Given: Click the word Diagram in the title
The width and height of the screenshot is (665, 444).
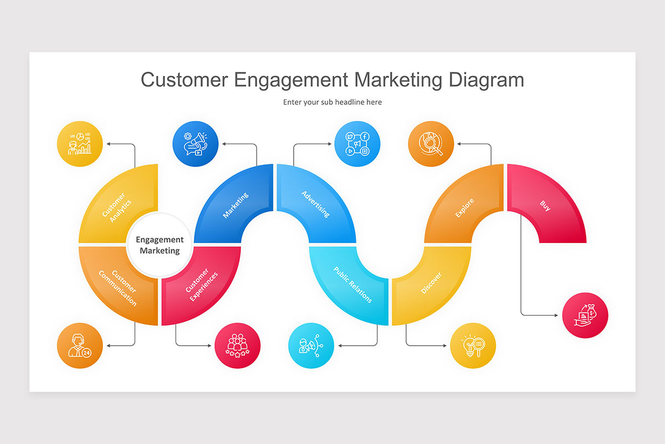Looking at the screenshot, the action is pos(486,80).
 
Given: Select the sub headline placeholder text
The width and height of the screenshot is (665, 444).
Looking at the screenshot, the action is pos(332,102).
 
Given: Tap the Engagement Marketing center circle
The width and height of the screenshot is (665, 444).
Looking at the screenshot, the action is pos(160,245).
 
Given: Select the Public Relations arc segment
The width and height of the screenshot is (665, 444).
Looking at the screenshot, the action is pos(350,285).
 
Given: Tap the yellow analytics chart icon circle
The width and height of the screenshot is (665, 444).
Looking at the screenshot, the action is pos(80,144).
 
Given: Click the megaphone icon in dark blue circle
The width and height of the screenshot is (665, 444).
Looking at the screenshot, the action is pos(195,144).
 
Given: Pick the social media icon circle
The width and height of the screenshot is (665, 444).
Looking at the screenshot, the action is pos(357,144).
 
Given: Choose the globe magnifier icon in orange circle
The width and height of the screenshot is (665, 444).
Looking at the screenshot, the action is pos(431,144).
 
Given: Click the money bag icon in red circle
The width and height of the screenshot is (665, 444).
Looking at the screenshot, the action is pos(585,316).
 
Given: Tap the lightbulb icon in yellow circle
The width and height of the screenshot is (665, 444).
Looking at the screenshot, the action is pos(473,346).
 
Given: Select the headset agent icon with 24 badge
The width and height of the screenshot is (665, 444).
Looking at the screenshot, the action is pos(80,346).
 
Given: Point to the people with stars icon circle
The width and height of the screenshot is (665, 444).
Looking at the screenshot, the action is pos(238,346).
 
